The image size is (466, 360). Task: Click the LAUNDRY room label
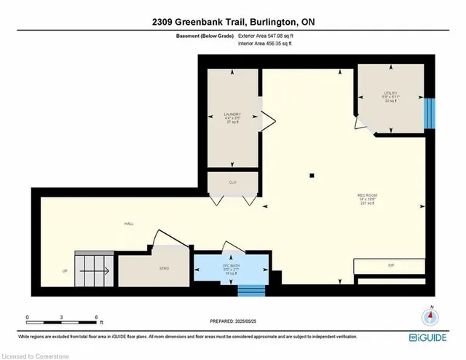(x=232, y=114)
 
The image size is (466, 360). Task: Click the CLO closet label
(x=232, y=181)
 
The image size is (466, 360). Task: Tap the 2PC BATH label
(x=231, y=265)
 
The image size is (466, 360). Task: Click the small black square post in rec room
(x=312, y=175)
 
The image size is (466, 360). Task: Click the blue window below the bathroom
(x=253, y=291)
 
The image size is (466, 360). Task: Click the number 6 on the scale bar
(x=96, y=317)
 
